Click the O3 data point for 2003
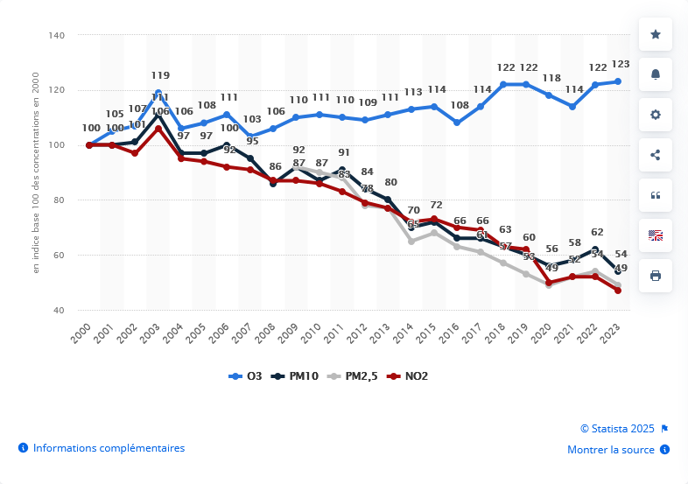[x=158, y=93]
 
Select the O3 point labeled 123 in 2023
[x=618, y=81]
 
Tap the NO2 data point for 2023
[x=618, y=291]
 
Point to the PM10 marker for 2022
[x=595, y=249]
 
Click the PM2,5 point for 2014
[x=411, y=241]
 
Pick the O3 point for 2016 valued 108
[x=457, y=123]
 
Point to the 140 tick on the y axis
[x=57, y=35]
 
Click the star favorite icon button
[x=655, y=34]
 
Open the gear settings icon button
[x=655, y=115]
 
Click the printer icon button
[x=655, y=275]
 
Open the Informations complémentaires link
[x=109, y=448]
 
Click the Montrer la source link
[x=611, y=450]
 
